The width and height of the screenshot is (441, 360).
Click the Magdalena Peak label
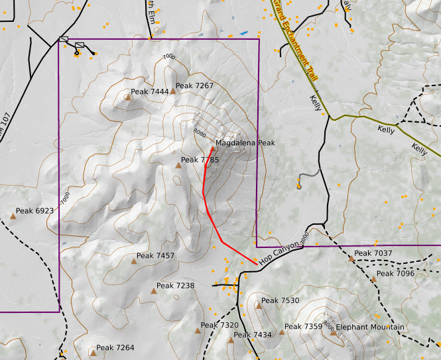tap(245, 143)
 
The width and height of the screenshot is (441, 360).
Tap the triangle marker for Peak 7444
tap(127, 97)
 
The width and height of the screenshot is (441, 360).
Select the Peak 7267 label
tap(194, 86)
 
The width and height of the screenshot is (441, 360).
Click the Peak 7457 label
tap(155, 256)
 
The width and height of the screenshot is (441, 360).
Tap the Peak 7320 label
tap(219, 326)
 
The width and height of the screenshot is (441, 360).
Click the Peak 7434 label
tap(253, 335)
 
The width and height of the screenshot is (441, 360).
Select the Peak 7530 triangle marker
tap(257, 306)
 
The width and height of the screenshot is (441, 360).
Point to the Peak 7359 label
tap(303, 327)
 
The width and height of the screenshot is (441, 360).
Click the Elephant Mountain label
tap(370, 328)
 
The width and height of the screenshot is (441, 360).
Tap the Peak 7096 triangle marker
tap(373, 279)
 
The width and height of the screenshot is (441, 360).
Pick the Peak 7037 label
tap(374, 253)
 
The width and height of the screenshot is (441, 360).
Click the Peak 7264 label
tap(115, 348)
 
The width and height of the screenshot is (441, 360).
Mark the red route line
tap(214, 219)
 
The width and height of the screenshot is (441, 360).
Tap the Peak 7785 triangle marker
tap(178, 166)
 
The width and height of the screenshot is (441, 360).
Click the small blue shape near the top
tap(244, 32)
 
